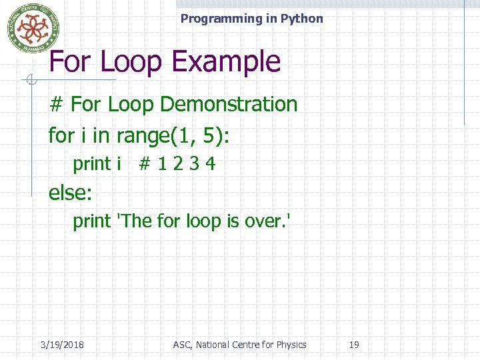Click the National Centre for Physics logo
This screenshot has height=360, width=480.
(x=33, y=28)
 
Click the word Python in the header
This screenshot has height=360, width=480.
(x=301, y=19)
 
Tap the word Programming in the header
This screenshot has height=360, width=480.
(x=221, y=19)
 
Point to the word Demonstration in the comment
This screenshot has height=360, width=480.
(x=229, y=104)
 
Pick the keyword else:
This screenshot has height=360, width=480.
(x=70, y=193)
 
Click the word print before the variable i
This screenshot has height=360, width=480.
(x=92, y=164)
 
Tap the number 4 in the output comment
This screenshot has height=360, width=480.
(x=210, y=164)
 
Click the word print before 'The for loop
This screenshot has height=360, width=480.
(x=92, y=221)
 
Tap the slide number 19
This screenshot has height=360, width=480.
(x=354, y=345)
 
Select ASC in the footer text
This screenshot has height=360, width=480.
(x=181, y=345)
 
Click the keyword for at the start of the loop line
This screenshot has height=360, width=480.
(x=61, y=135)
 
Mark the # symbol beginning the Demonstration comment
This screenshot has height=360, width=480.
(x=57, y=104)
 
